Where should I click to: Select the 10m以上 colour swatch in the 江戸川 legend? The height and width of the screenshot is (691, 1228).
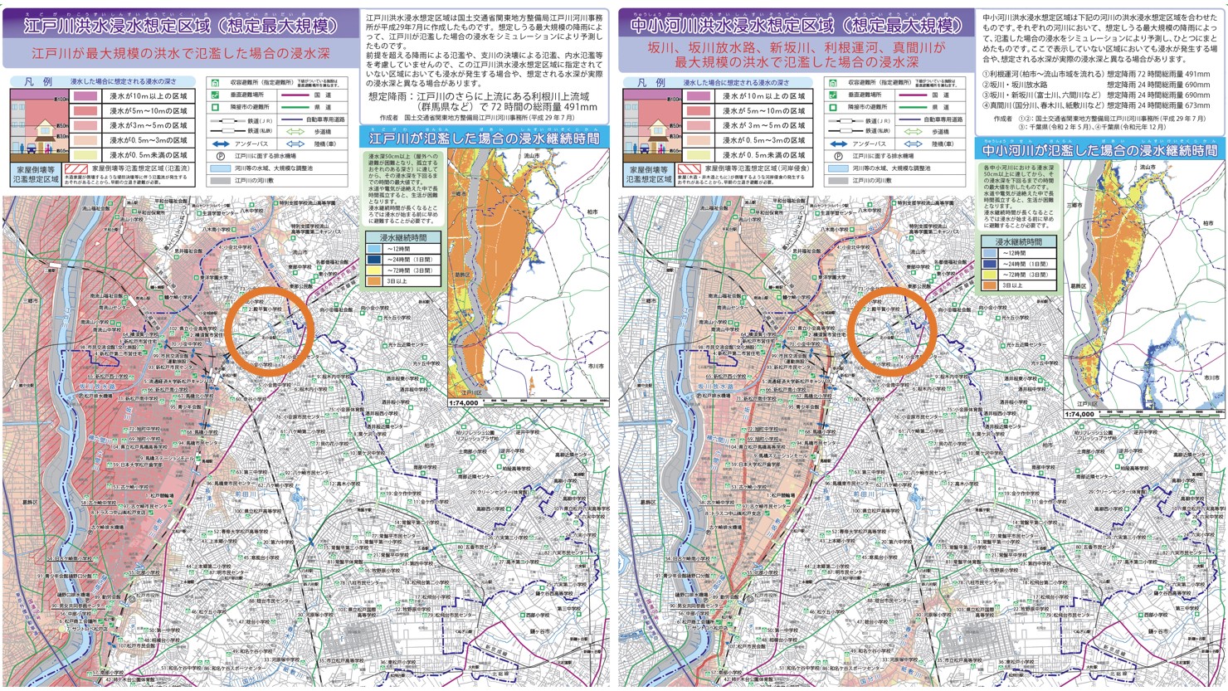click(86, 96)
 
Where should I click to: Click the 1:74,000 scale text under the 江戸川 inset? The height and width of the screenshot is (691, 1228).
click(464, 402)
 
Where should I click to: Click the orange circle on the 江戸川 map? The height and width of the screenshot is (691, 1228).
click(270, 330)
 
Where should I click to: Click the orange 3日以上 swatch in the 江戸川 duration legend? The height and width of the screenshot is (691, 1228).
click(375, 281)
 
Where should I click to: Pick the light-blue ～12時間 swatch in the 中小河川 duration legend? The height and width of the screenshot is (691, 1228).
click(990, 253)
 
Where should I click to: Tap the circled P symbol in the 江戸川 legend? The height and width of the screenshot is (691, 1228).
click(222, 156)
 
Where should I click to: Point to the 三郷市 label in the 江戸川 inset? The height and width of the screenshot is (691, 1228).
click(458, 193)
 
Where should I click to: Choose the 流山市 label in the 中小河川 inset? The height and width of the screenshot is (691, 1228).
click(1148, 168)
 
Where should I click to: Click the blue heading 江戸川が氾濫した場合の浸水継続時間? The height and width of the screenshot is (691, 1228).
click(485, 138)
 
